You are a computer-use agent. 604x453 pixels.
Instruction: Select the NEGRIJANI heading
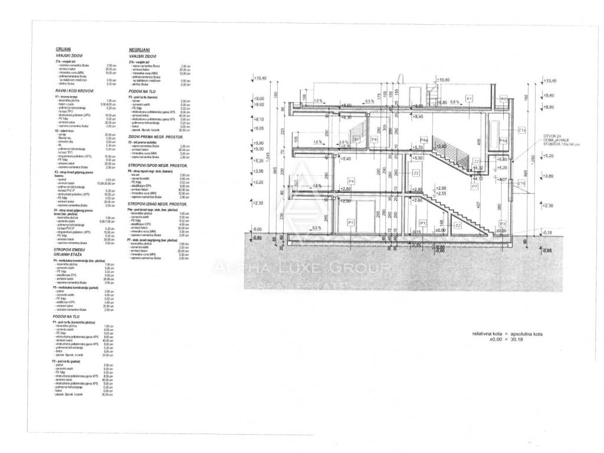[139, 51]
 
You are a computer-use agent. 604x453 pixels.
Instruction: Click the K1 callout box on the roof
[470, 98]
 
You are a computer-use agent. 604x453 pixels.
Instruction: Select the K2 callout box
[504, 99]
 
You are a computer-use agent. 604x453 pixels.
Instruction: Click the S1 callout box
[356, 139]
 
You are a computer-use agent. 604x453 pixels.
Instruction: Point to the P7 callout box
[474, 186]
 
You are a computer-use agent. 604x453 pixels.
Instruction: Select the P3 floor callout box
[503, 224]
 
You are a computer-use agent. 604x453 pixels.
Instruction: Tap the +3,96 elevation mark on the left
[258, 171]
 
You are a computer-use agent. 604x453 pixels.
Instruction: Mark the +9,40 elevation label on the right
[549, 95]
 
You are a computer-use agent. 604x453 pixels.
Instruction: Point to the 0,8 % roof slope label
[455, 102]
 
